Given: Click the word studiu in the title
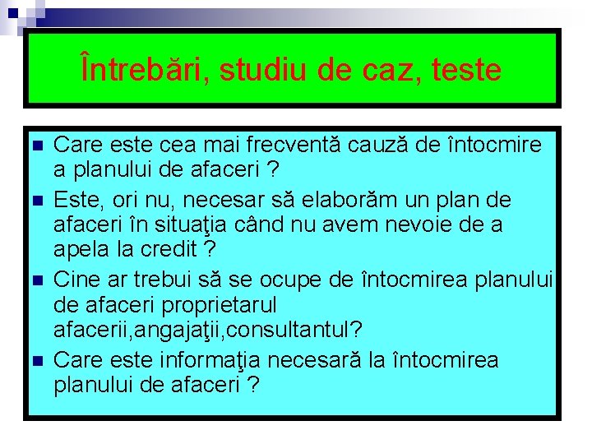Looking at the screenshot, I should pyautogui.click(x=256, y=70).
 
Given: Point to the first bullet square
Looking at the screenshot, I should pyautogui.click(x=35, y=146).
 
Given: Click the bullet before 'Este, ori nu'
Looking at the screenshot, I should pyautogui.click(x=35, y=200).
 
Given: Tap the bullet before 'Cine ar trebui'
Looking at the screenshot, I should pyautogui.click(x=35, y=280).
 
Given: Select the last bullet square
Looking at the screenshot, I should pyautogui.click(x=35, y=361).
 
